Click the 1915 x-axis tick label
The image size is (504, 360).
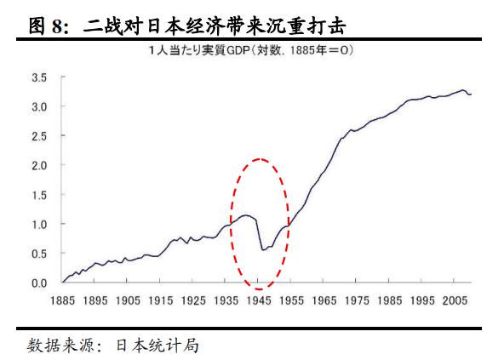[x=162, y=300]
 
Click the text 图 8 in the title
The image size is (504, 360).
[x=49, y=26]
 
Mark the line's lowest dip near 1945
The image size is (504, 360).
[x=262, y=250]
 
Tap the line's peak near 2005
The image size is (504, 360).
[x=463, y=89]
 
